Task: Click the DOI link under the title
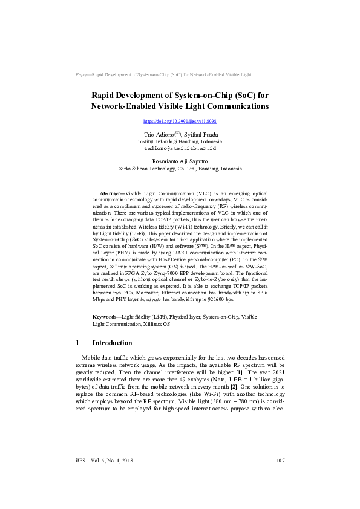click(x=180, y=122)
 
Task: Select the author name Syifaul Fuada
click(x=200, y=134)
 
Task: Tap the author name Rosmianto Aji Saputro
click(x=180, y=161)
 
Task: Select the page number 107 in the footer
click(x=280, y=478)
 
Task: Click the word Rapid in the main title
click(x=103, y=96)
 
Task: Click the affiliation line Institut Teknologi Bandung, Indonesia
click(x=180, y=140)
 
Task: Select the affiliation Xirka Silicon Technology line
click(x=180, y=169)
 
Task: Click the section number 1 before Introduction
click(x=78, y=343)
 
